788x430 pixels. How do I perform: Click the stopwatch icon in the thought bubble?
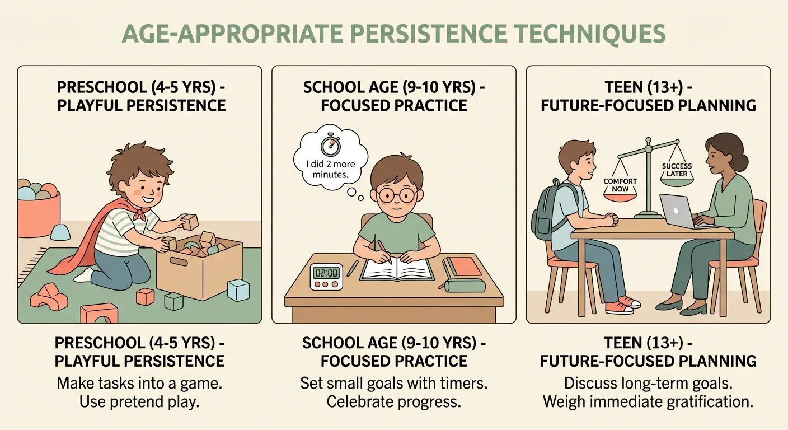point(329,145)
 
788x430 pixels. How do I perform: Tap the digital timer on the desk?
point(325,276)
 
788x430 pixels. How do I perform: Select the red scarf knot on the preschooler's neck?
point(144,214)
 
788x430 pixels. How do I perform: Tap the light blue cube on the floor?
point(238,290)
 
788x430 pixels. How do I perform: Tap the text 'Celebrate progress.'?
point(393,402)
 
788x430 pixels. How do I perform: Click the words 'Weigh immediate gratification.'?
point(648,402)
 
